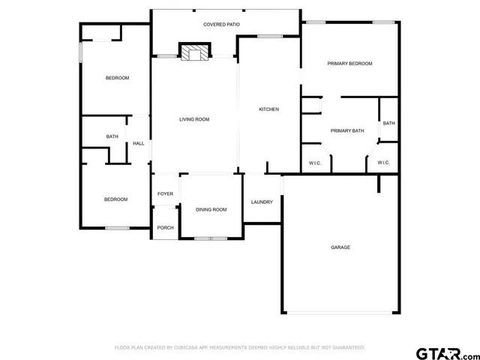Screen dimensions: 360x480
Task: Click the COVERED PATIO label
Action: point(222,25)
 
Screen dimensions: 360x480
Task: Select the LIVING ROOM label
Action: point(193,119)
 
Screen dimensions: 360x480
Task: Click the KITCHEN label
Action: point(268,109)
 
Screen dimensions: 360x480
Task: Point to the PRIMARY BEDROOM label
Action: point(349,64)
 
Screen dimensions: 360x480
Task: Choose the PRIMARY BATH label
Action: point(347,130)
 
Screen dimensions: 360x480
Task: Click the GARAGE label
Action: point(340,247)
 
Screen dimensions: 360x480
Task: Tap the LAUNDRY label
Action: point(262,202)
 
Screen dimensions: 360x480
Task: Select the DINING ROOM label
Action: point(211,209)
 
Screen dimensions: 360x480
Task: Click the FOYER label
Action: point(165,194)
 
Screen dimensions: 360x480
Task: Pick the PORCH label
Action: point(165,228)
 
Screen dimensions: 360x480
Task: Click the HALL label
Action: point(139,143)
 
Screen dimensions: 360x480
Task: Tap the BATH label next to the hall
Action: point(112,136)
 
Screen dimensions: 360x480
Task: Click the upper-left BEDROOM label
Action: point(117,78)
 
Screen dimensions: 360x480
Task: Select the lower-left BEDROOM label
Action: point(115,199)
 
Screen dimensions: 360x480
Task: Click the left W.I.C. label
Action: point(315,163)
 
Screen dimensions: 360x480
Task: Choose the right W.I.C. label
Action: point(383,163)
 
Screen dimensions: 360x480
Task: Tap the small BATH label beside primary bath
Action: point(388,123)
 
